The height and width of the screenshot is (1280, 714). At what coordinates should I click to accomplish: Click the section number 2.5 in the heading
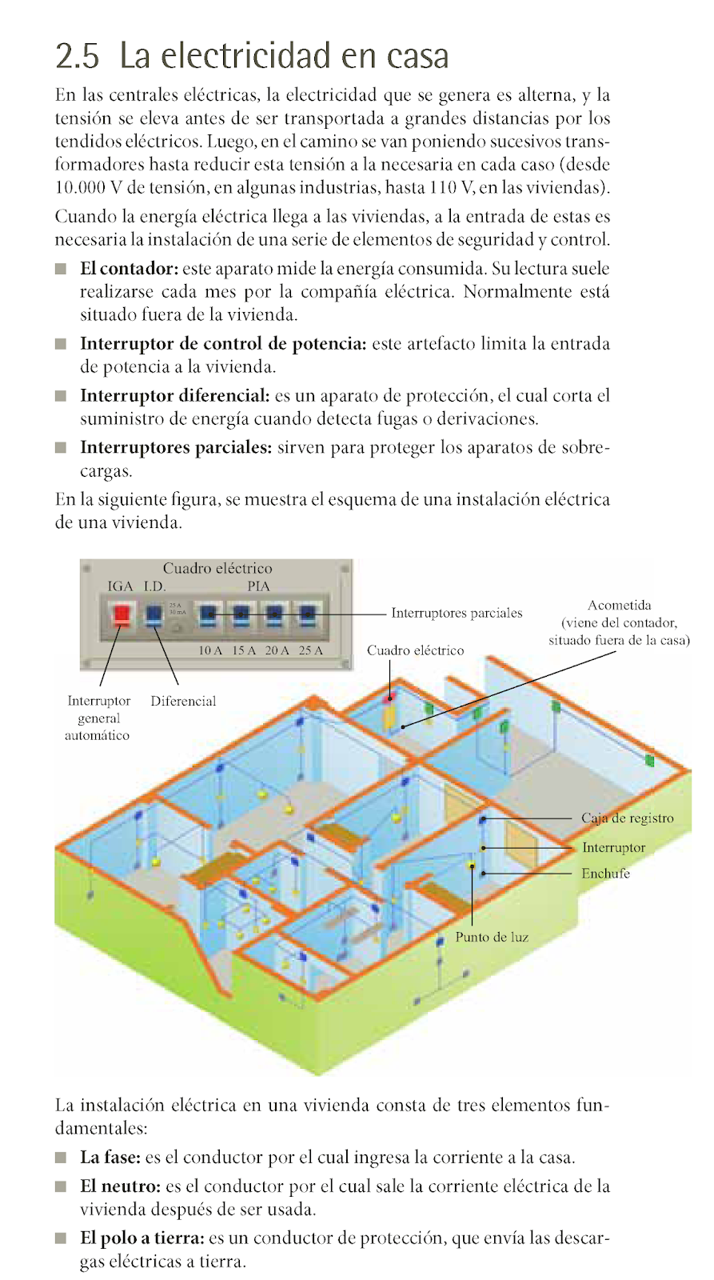click(x=78, y=56)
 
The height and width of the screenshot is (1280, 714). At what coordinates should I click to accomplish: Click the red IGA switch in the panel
click(x=121, y=614)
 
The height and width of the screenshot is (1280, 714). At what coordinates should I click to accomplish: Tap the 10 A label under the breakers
click(x=209, y=650)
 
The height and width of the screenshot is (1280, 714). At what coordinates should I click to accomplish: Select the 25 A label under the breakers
click(x=310, y=650)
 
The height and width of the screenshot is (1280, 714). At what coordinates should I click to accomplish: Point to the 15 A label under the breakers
click(x=243, y=650)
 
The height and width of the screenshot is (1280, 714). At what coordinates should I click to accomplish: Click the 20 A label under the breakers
click(x=277, y=650)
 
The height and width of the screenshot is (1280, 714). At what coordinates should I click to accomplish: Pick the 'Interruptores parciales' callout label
click(x=456, y=613)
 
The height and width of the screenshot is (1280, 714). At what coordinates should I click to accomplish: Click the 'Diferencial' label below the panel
click(x=183, y=701)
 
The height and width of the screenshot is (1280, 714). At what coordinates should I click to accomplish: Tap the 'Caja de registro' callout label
click(x=627, y=818)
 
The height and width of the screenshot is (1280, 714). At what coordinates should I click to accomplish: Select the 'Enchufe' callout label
click(x=605, y=873)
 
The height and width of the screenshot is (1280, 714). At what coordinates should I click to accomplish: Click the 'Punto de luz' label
click(x=492, y=937)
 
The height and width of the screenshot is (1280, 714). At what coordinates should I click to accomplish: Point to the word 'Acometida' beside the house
click(x=619, y=605)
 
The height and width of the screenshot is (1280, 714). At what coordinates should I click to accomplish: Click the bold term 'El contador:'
click(x=129, y=269)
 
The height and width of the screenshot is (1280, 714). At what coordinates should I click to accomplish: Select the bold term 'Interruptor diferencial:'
click(x=174, y=396)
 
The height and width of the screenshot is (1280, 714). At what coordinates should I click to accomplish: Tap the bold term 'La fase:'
click(x=110, y=1158)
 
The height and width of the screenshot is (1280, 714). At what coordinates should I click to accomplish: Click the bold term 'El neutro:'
click(x=120, y=1186)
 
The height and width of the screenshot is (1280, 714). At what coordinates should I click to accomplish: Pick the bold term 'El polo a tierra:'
click(x=142, y=1238)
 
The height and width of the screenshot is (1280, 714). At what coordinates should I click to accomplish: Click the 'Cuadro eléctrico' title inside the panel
click(x=217, y=568)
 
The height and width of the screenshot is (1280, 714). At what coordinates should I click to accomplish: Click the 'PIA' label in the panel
click(x=258, y=586)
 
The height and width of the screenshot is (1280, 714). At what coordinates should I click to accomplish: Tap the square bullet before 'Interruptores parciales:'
click(x=61, y=448)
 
